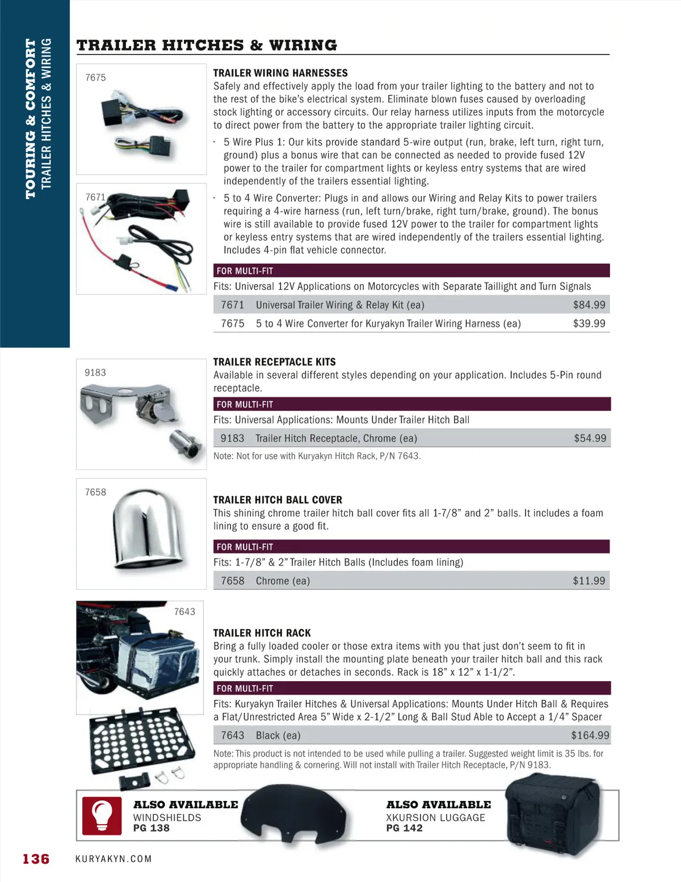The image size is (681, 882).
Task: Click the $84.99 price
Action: (x=589, y=305)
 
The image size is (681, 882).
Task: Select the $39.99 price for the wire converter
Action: (x=589, y=324)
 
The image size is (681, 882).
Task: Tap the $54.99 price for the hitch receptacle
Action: (x=590, y=438)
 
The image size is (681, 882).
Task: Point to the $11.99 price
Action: (x=589, y=581)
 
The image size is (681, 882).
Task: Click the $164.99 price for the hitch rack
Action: (x=590, y=736)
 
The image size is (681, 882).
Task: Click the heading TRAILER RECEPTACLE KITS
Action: (x=274, y=362)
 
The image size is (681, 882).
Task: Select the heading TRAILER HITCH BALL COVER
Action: (x=278, y=500)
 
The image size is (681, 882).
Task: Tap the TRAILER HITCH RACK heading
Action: (x=262, y=633)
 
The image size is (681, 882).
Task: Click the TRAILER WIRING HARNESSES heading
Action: (x=280, y=73)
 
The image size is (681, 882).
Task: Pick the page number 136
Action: (x=36, y=859)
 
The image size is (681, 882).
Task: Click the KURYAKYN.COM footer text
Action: (x=113, y=859)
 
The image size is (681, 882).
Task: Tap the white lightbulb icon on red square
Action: (x=102, y=816)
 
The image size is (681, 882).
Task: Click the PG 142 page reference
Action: (x=404, y=828)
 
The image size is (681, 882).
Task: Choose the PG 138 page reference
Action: (x=151, y=828)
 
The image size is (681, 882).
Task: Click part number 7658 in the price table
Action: (x=232, y=581)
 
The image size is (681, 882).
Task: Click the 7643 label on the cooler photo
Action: (x=184, y=611)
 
